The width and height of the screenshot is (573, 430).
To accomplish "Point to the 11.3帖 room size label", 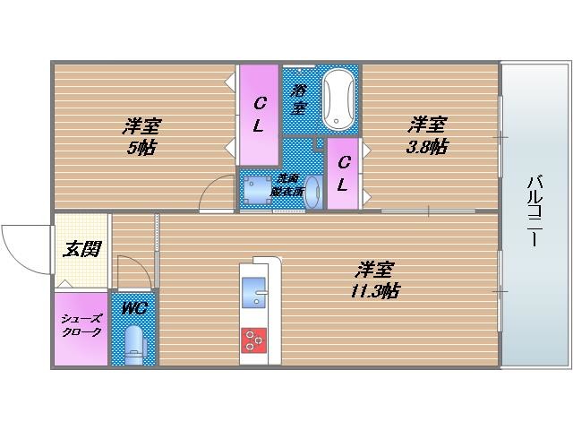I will (375, 291).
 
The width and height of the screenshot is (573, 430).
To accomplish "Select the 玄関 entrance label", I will (81, 249).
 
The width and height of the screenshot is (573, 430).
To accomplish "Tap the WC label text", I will (134, 309).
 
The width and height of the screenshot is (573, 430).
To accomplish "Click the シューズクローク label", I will (81, 325).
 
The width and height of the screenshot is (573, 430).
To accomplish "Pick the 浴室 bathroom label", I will (298, 99).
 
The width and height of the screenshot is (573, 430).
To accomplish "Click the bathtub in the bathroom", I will (339, 99).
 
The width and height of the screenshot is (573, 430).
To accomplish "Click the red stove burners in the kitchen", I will (255, 340).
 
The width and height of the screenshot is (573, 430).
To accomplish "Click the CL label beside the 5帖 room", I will (258, 113).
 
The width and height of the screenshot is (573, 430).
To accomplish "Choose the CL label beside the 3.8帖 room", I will (342, 174).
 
